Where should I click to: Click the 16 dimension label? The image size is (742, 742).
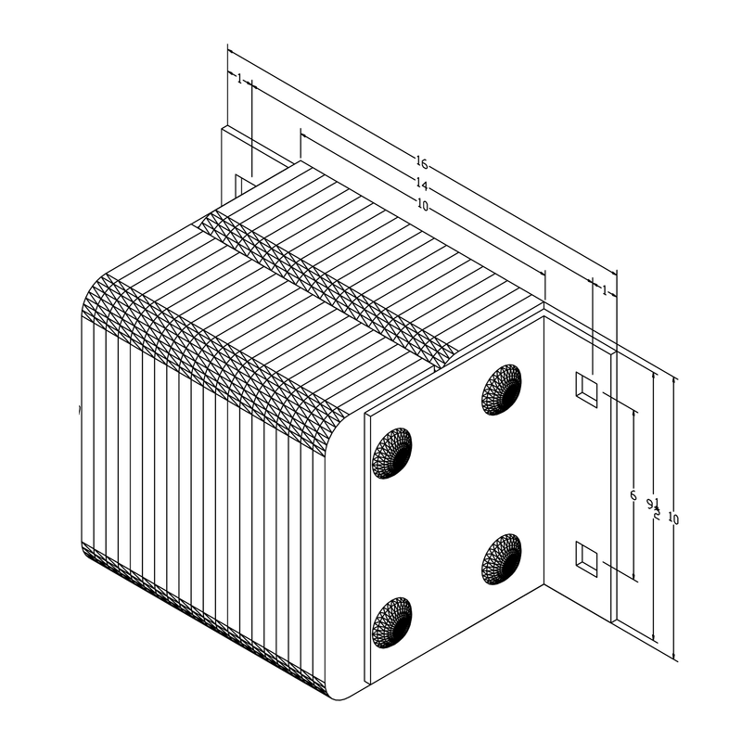(x=422, y=163)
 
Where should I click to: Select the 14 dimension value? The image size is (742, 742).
(x=422, y=184)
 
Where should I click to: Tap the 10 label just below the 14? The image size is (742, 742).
(x=423, y=206)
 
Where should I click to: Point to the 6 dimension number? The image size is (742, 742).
(x=633, y=496)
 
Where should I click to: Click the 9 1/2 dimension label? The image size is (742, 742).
(x=655, y=507)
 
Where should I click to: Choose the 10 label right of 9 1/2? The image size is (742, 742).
(x=673, y=519)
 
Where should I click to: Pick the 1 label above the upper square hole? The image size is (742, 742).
(x=605, y=290)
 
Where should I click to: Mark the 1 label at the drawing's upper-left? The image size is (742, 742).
(x=239, y=80)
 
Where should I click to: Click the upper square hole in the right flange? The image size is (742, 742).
(x=585, y=387)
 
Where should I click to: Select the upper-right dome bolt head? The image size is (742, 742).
(x=501, y=389)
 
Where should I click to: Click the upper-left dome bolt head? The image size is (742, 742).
(x=391, y=453)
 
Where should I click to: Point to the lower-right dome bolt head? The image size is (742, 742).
(x=501, y=558)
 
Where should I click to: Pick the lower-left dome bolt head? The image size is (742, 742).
(x=391, y=622)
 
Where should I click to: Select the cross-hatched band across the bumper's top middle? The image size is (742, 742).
(x=329, y=288)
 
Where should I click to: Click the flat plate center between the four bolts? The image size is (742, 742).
(x=447, y=505)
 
